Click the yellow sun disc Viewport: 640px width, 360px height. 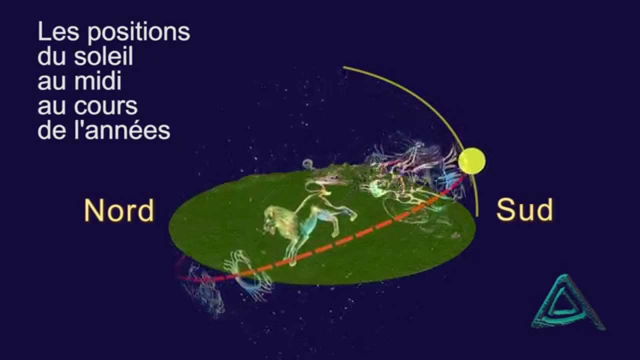pos(471,161)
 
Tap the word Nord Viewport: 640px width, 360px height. pos(119,210)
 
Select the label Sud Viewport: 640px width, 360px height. pos(524,210)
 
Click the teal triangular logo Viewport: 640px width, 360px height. pos(565,305)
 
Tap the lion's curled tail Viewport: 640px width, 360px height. pos(307,164)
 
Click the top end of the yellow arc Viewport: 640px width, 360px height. pos(344,67)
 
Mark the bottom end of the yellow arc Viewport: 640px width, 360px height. pos(477,215)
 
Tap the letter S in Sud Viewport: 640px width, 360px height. pos(506,210)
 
